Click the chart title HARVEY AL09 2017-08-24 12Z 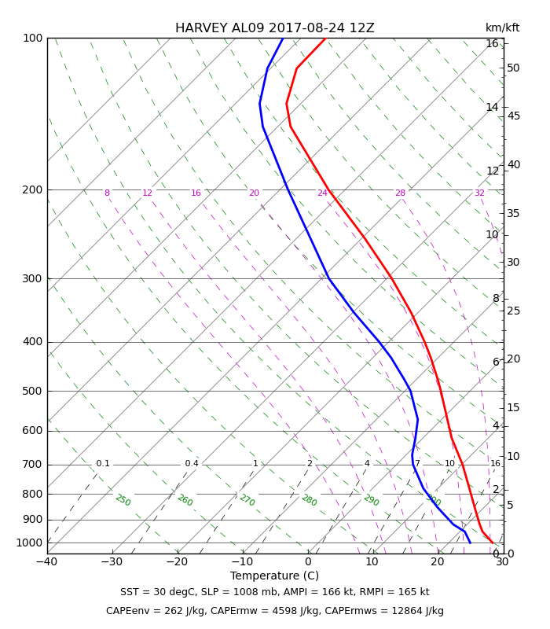click(x=274, y=28)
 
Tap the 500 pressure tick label click(x=32, y=391)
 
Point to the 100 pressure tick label click(x=32, y=38)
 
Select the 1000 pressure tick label click(x=29, y=543)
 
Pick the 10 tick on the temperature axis click(x=372, y=561)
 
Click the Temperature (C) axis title click(x=274, y=576)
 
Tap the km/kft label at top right click(x=502, y=28)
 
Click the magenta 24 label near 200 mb click(x=322, y=193)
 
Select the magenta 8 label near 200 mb click(x=107, y=193)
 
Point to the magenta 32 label click(x=479, y=193)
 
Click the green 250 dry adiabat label click(x=123, y=500)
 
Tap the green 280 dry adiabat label click(x=310, y=500)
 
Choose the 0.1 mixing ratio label click(x=103, y=463)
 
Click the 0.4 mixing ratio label click(x=192, y=463)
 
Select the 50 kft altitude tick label click(x=513, y=68)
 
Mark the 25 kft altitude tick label click(x=513, y=311)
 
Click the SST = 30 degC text click(x=157, y=592)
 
